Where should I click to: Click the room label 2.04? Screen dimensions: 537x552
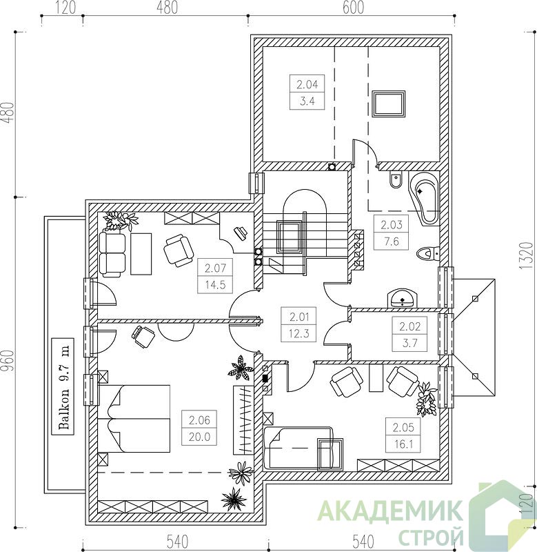pos(307,84)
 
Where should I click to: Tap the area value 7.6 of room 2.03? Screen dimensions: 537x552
pos(391,241)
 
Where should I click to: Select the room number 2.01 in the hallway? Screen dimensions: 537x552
pos(299,317)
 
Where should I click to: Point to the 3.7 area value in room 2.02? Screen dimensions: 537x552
pos(410,342)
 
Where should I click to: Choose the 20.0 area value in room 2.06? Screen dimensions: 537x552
pos(199,437)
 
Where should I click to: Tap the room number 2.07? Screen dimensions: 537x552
pos(215,268)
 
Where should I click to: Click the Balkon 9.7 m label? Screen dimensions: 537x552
pos(63,386)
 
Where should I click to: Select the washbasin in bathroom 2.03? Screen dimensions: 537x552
pos(403,299)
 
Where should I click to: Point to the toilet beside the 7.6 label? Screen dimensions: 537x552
pos(428,253)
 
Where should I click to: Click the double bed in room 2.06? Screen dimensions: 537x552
pos(134,419)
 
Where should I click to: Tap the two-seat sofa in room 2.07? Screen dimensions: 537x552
pos(112,253)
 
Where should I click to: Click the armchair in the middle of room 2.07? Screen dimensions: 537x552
pos(179,251)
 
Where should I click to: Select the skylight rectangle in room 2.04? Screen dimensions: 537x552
pos(389,103)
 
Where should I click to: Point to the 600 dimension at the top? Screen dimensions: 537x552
pos(353,8)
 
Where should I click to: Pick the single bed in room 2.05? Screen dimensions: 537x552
pos(298,448)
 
